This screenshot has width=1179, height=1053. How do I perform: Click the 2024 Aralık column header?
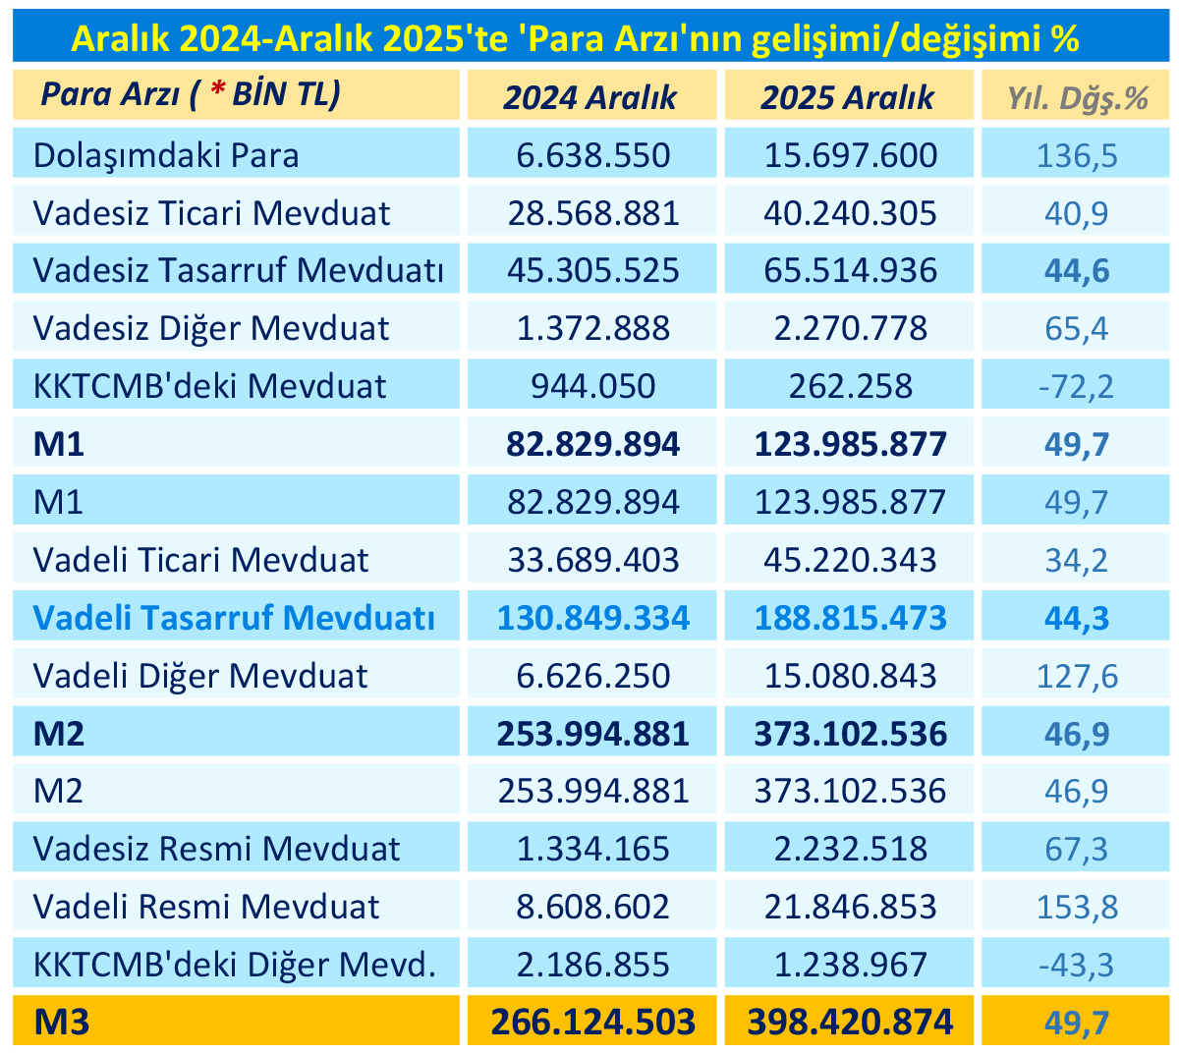tap(590, 97)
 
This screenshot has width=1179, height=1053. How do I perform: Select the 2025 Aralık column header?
tap(848, 97)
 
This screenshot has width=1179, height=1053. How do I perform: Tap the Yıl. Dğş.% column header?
tap(1078, 97)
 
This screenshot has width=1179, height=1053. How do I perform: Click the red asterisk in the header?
tap(217, 93)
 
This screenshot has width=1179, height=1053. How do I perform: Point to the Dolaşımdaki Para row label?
tap(166, 155)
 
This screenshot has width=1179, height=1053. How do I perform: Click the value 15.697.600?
tap(850, 155)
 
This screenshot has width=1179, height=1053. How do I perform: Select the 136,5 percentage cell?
tap(1078, 155)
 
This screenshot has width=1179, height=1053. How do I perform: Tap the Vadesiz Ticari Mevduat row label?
tap(211, 213)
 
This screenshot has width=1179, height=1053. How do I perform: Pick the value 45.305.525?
tap(592, 270)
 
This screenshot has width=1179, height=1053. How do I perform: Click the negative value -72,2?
tap(1076, 386)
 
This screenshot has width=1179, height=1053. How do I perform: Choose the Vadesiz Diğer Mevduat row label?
tap(211, 328)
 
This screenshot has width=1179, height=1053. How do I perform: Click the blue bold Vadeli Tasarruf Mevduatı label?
tap(234, 618)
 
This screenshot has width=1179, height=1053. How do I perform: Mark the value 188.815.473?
tap(850, 618)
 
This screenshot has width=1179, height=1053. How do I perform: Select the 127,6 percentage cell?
tap(1078, 676)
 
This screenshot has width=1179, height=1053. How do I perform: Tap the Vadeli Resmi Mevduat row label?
tap(206, 907)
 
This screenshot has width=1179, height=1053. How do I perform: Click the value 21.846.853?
tap(850, 907)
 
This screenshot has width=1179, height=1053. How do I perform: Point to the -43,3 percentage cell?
tap(1076, 965)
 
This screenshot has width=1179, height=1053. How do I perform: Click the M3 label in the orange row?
tap(61, 1023)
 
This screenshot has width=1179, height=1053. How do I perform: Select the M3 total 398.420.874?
tap(850, 1023)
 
